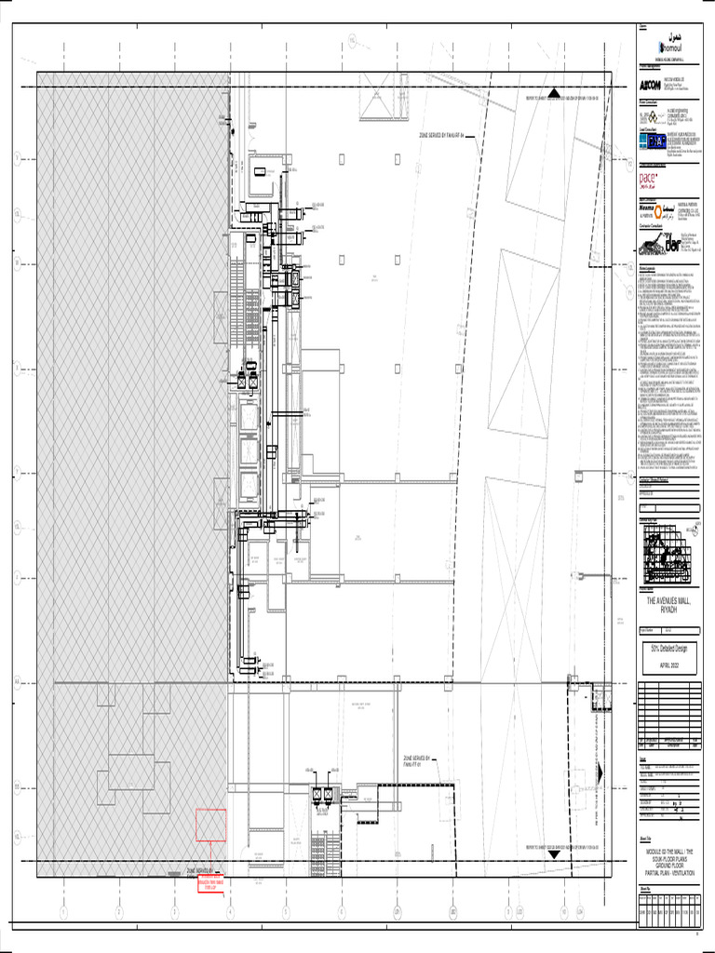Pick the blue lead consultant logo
point(657,142)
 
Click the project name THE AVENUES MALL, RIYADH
point(668,607)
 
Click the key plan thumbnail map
point(668,553)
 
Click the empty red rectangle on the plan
point(210,825)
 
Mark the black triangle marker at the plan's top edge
point(553,93)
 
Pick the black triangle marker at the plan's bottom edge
point(553,851)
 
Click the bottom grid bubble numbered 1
point(63,912)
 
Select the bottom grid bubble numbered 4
point(230,912)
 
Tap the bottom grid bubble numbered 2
point(119,912)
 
